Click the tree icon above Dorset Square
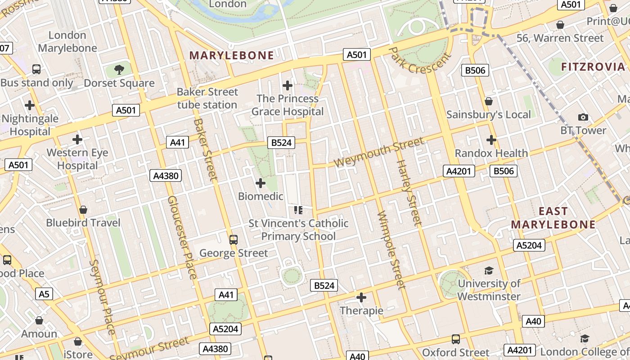pyautogui.click(x=119, y=70)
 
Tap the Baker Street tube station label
pyautogui.click(x=207, y=98)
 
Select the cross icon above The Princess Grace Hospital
pyautogui.click(x=288, y=85)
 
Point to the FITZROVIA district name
pyautogui.click(x=593, y=67)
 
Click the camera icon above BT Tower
pyautogui.click(x=583, y=117)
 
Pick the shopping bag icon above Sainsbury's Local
pyautogui.click(x=489, y=101)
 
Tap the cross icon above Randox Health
pyautogui.click(x=491, y=140)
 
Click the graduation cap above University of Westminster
pyautogui.click(x=489, y=270)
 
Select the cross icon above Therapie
pyautogui.click(x=361, y=297)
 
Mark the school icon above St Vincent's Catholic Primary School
pyautogui.click(x=298, y=210)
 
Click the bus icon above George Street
pyautogui.click(x=234, y=240)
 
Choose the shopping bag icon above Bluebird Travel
pyautogui.click(x=83, y=210)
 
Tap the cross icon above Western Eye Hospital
pyautogui.click(x=77, y=139)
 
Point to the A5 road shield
pyautogui.click(x=44, y=294)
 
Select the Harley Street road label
pyautogui.click(x=409, y=192)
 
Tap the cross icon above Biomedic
pyautogui.click(x=261, y=183)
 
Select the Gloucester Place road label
pyautogui.click(x=182, y=237)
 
